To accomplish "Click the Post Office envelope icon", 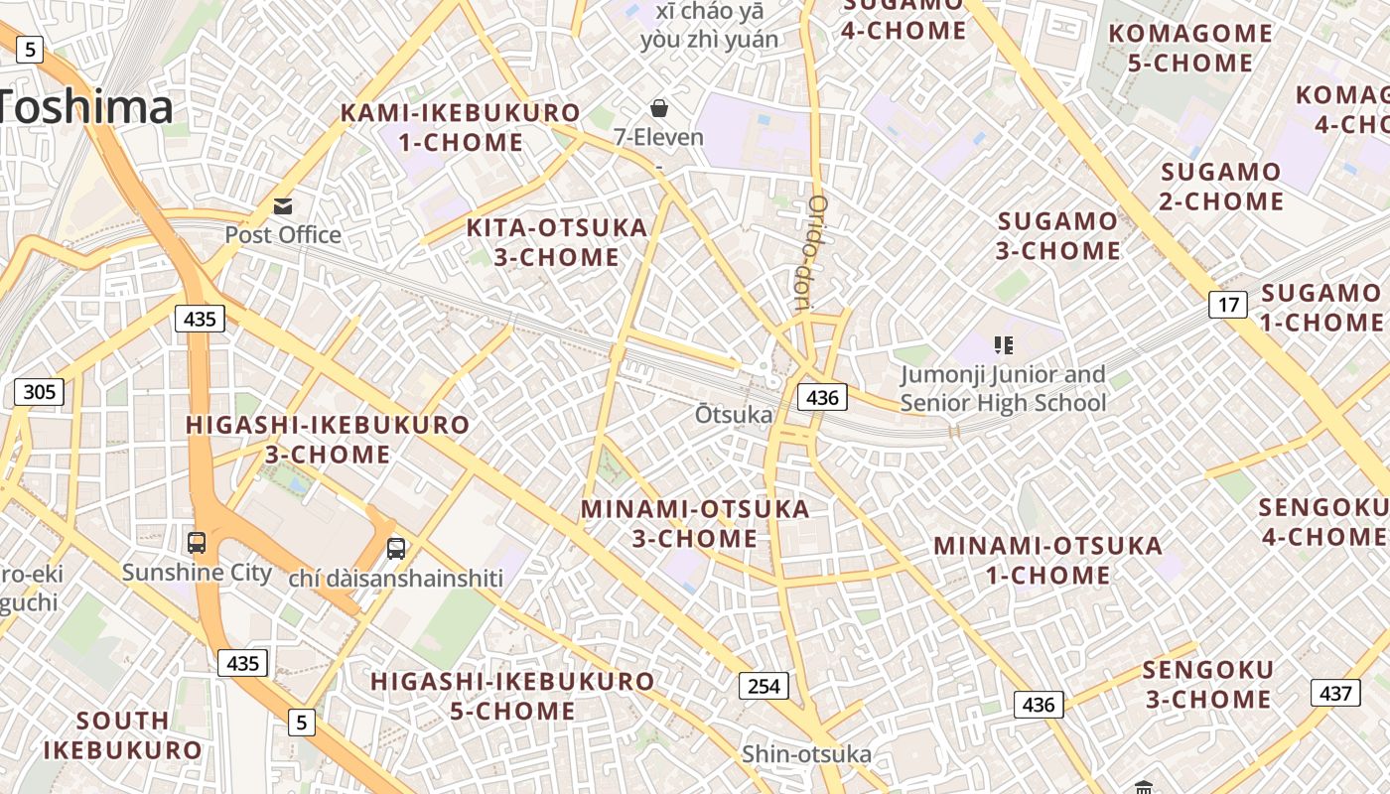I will [283, 206].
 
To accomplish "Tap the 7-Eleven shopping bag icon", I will [658, 108].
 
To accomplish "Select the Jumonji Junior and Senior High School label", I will [1003, 388].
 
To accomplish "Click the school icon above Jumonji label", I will [1003, 345].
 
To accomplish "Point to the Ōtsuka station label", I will [734, 414].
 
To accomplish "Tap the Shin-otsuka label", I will [806, 754].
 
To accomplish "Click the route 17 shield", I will [1228, 304].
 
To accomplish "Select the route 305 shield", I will [39, 392].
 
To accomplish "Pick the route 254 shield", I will [763, 685].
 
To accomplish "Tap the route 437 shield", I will [1335, 693].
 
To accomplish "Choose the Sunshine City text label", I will [197, 573].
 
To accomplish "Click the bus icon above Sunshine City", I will [197, 543].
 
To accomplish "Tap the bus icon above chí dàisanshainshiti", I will [395, 548].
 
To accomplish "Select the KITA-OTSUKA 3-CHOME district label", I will [557, 242].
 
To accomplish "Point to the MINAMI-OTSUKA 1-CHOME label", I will [1048, 560].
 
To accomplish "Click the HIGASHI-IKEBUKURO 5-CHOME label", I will [512, 696].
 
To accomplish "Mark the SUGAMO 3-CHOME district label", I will [1058, 235].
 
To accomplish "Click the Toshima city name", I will [84, 107].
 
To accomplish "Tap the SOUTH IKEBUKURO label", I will [122, 734].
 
